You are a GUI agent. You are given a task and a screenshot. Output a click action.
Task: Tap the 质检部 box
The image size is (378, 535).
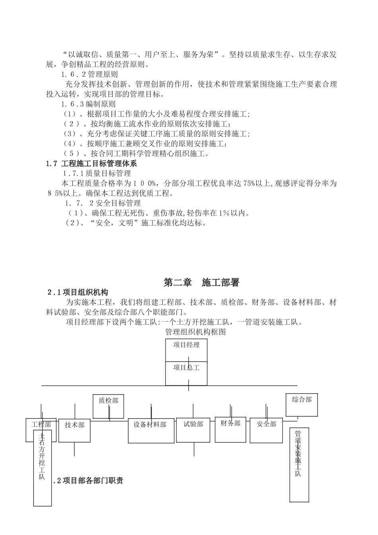(x=109, y=406)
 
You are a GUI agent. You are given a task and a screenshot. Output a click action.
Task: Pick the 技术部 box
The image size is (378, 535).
(x=74, y=430)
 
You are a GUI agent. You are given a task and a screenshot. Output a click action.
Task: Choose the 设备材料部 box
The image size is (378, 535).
(x=151, y=430)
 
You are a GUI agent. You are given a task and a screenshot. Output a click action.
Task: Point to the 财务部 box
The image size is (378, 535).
(x=230, y=429)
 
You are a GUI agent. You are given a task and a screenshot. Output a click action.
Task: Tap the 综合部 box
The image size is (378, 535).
(x=302, y=404)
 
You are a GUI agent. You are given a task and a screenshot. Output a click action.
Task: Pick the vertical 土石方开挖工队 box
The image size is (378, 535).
(x=42, y=468)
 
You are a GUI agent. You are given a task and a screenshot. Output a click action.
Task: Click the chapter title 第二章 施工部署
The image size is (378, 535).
(x=201, y=283)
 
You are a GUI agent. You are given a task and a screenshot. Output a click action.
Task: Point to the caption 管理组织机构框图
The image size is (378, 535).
(x=195, y=332)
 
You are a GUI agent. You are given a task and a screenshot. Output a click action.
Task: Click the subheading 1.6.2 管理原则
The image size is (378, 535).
(x=90, y=74)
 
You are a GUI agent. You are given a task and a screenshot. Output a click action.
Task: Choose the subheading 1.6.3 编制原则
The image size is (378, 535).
(x=88, y=104)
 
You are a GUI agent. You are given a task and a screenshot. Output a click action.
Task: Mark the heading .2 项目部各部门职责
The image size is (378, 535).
(x=88, y=480)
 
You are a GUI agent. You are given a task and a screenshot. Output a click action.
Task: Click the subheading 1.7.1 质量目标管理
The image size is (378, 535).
(x=97, y=173)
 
